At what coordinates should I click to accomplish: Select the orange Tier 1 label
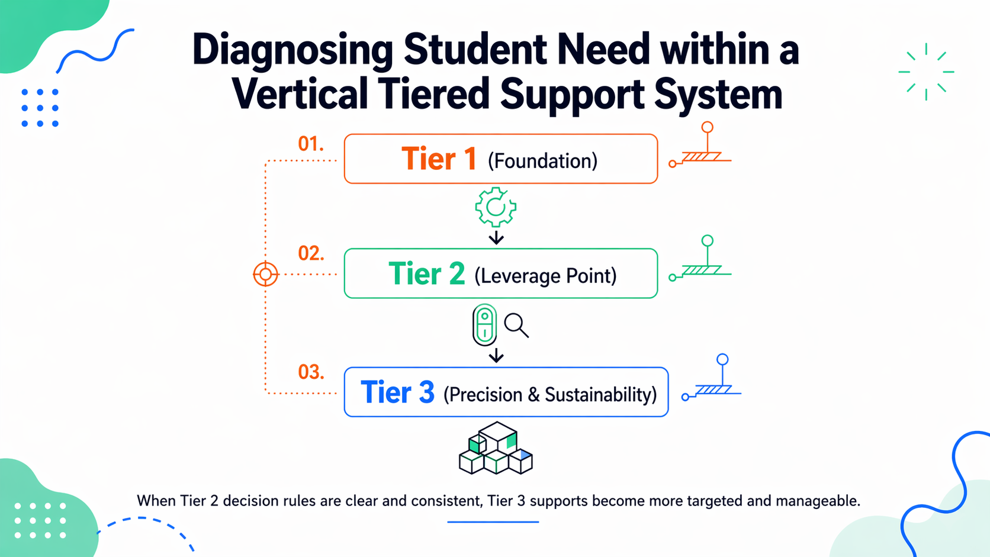[439, 159]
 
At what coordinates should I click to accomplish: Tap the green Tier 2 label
[426, 274]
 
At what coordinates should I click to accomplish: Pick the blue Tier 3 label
[397, 392]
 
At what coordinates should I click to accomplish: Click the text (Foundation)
[542, 161]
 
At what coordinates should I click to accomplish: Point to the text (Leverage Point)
[545, 276]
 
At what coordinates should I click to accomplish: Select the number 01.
[310, 144]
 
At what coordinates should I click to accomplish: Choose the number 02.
[311, 253]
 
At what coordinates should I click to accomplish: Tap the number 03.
[311, 372]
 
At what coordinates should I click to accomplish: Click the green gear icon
[496, 207]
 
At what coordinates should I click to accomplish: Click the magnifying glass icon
[516, 326]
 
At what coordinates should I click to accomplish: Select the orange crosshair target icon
[266, 274]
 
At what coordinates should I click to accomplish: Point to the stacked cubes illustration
[496, 449]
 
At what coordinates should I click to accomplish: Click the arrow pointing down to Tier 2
[496, 238]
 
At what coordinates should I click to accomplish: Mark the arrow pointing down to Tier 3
[496, 356]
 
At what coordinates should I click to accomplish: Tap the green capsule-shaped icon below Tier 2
[484, 325]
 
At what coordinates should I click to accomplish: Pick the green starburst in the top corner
[926, 72]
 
